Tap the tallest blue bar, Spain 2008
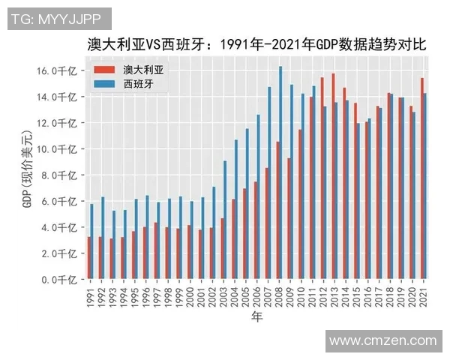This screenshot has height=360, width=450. [280, 172]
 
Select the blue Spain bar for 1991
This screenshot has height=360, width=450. [92, 241]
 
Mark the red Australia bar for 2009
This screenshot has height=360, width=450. [288, 218]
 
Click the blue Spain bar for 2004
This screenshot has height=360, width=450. [236, 209]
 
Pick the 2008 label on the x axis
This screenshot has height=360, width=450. [279, 295]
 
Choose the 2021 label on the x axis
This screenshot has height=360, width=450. [424, 295]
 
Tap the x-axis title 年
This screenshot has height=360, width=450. [256, 317]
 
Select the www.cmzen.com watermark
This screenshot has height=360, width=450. [382, 340]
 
